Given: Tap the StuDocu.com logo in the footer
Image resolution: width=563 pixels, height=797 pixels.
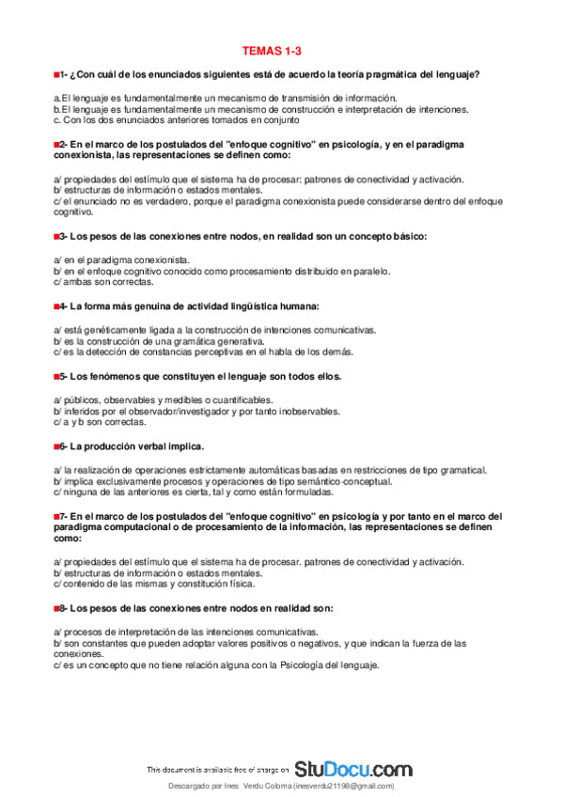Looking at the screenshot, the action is (x=353, y=768).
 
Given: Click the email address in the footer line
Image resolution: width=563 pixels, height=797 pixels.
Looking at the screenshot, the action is (x=344, y=786).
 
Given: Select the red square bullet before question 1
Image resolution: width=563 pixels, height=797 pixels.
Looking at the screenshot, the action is (x=57, y=74).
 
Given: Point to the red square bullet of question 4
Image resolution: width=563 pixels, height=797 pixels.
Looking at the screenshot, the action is (x=57, y=305).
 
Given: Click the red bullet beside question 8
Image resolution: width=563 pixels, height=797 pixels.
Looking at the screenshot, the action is (x=57, y=609).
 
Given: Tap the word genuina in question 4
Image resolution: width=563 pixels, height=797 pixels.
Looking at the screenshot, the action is (x=143, y=305).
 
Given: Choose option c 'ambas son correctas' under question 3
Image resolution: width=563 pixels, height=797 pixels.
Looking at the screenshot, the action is (x=104, y=281).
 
